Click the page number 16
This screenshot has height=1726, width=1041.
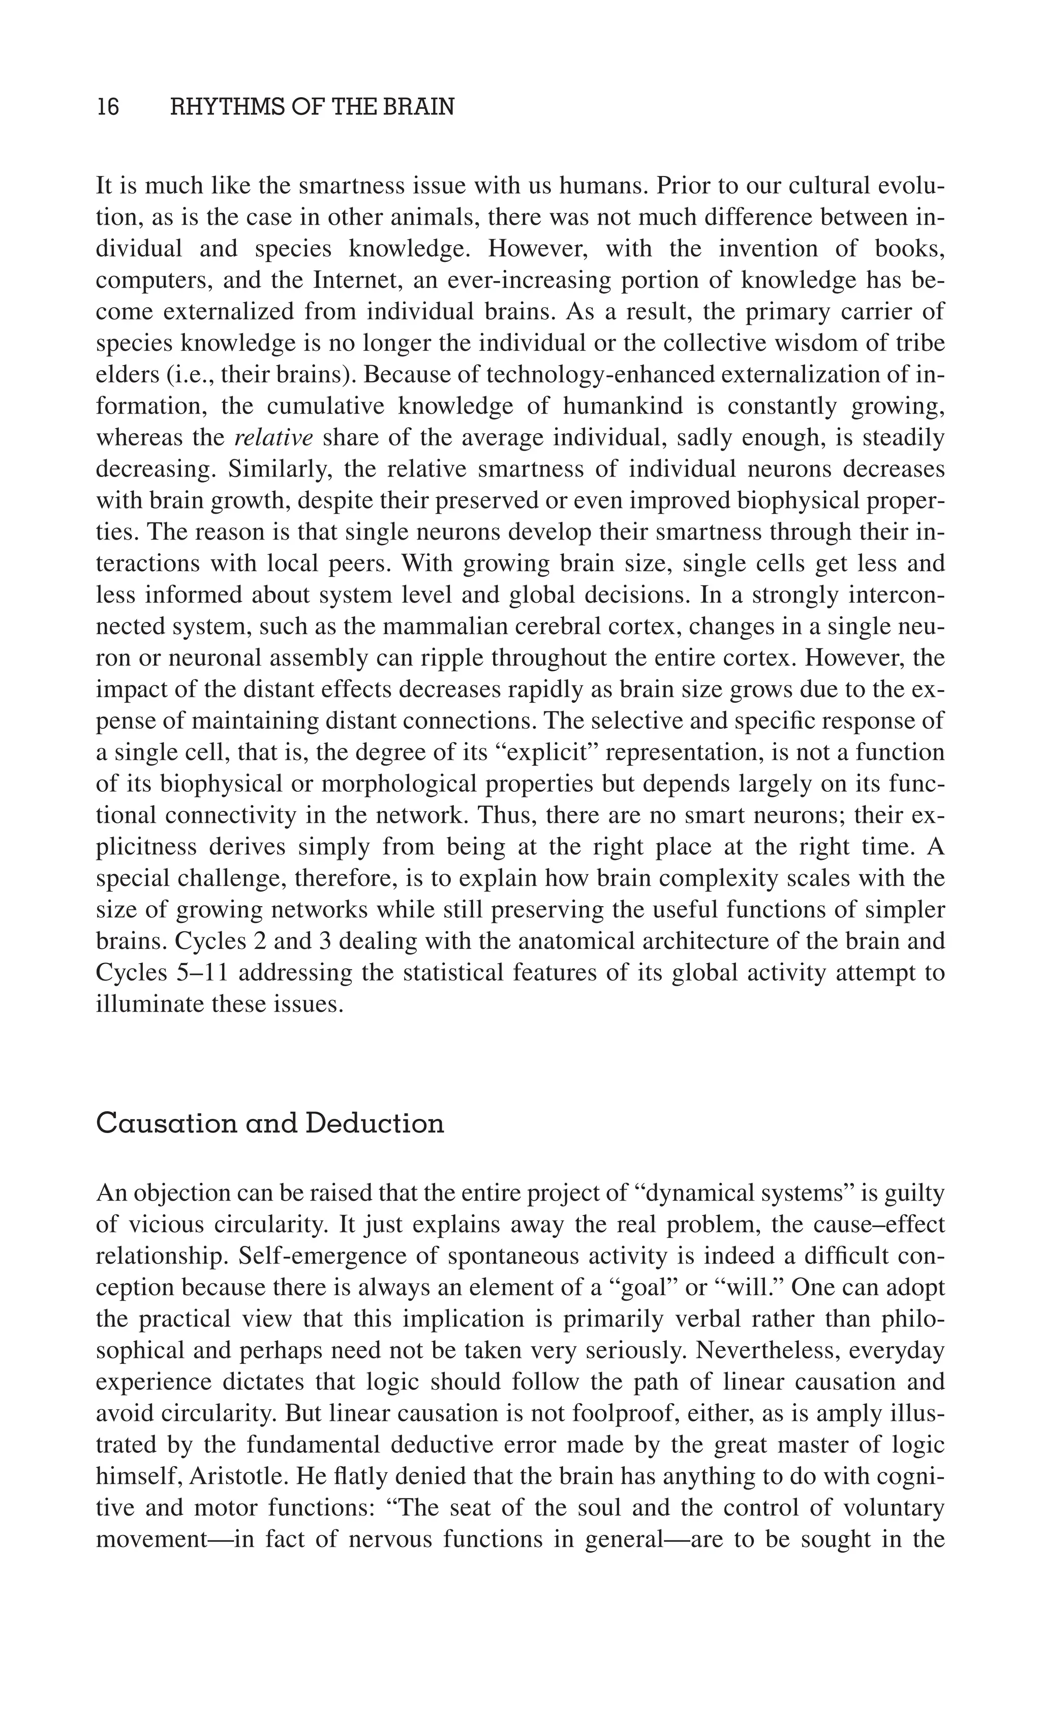point(108,107)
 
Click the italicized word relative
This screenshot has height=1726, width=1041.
point(273,438)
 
